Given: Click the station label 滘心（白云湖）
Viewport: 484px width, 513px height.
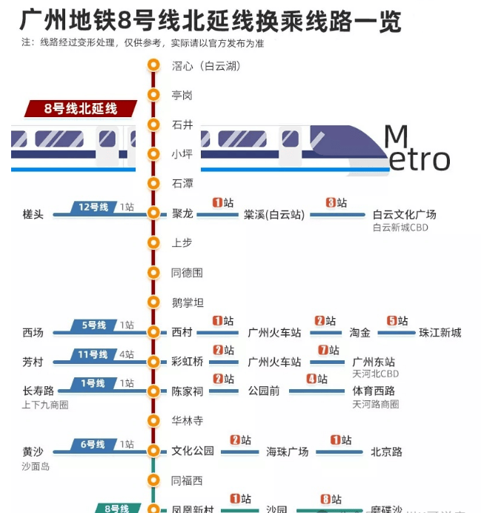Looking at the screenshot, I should [x=206, y=65].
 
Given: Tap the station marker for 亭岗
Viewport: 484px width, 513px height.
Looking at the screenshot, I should [x=153, y=95].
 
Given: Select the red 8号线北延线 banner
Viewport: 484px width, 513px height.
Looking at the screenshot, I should [x=81, y=108].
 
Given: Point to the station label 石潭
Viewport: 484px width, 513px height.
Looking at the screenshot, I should [x=182, y=183].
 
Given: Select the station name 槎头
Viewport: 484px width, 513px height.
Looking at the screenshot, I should [x=33, y=214].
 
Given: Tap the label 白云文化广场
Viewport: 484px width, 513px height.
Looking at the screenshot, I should [x=404, y=214].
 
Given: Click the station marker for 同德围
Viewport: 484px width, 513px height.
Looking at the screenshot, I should [x=153, y=272].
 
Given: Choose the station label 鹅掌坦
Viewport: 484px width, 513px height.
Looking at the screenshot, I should [x=188, y=302].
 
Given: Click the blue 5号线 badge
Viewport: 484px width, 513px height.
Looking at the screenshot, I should [x=93, y=325].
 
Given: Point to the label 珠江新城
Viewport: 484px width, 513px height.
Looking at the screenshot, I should [x=440, y=332].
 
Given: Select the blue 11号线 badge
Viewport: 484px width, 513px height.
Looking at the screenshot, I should [x=93, y=354].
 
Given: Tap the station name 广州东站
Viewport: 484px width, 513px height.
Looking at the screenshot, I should [x=374, y=362].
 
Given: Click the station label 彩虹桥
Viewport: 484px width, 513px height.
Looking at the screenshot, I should [x=188, y=362].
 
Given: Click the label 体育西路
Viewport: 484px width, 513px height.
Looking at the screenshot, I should [x=374, y=391].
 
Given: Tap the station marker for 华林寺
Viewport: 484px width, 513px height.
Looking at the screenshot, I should [x=153, y=420].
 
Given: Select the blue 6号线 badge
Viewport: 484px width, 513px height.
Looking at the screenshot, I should [x=93, y=444].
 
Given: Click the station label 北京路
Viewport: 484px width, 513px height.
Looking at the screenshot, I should [x=386, y=451].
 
